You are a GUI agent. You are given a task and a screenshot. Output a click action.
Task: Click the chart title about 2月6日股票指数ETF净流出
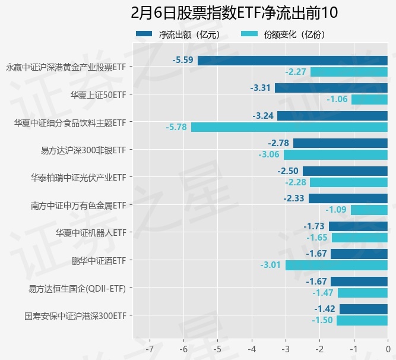pyautogui.click(x=234, y=13)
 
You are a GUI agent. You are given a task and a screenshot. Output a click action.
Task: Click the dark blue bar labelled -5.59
pyautogui.click(x=293, y=60)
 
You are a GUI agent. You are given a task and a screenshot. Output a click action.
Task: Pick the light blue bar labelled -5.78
pyautogui.click(x=289, y=127)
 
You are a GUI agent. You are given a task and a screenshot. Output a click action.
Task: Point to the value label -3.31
pyautogui.click(x=261, y=88)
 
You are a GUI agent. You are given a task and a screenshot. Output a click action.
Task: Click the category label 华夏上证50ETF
pyautogui.click(x=98, y=94)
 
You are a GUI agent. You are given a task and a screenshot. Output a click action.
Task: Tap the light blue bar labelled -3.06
pyautogui.click(x=335, y=155)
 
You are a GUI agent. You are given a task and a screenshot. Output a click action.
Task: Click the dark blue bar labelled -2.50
pyautogui.click(x=345, y=171)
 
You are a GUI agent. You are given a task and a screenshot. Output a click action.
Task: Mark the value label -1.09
pyautogui.click(x=336, y=210)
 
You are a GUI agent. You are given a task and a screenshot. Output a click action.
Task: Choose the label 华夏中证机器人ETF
pyautogui.click(x=91, y=232)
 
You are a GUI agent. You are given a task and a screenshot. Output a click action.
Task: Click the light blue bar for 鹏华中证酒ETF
pyautogui.click(x=337, y=265)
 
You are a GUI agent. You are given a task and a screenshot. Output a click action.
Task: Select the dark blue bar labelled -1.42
pyautogui.click(x=363, y=309)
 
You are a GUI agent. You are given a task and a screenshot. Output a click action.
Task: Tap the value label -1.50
pyautogui.click(x=322, y=320)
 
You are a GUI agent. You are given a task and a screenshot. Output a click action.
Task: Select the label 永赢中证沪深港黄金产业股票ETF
pyautogui.click(x=66, y=67)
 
